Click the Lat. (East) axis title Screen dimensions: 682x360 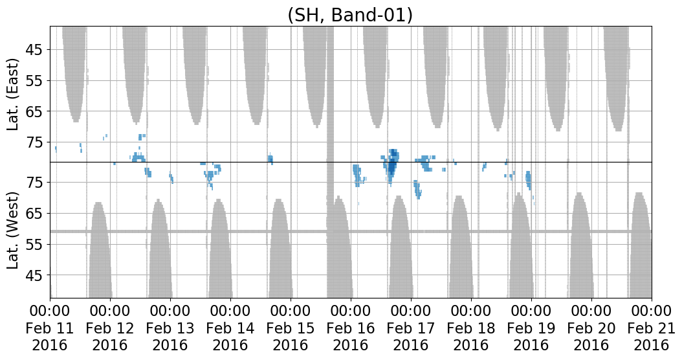(x=13, y=94)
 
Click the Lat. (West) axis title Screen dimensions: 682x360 (x=13, y=230)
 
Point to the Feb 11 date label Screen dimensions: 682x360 (x=50, y=328)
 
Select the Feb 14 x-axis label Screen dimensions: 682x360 (x=230, y=328)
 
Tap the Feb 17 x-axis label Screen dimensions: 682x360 (x=411, y=328)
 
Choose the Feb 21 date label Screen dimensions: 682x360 (x=651, y=328)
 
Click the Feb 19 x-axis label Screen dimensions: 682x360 (x=531, y=328)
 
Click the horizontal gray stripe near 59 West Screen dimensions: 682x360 (x=351, y=231)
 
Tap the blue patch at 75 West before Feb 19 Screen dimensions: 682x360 (x=529, y=180)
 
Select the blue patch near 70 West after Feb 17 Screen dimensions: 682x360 (x=417, y=189)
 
